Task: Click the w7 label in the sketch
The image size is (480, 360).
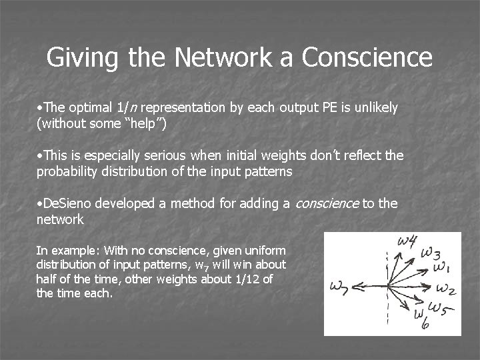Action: point(339,287)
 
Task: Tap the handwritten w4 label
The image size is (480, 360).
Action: point(409,241)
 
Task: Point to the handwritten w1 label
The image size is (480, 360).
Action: point(441,268)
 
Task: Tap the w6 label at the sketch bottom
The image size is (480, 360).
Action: point(421,319)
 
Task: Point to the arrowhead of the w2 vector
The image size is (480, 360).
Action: point(431,289)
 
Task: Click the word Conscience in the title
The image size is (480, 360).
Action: point(367,57)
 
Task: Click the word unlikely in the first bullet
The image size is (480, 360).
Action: point(376,107)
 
